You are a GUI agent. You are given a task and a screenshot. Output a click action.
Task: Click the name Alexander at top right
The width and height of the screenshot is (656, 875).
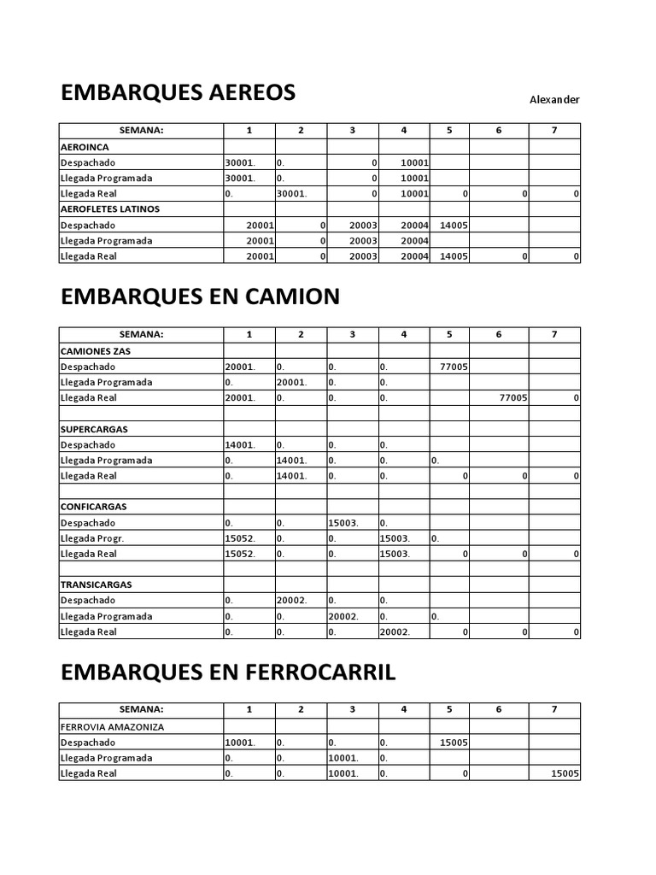554,100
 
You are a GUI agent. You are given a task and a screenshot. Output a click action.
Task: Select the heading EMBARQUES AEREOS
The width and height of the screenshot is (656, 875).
178,92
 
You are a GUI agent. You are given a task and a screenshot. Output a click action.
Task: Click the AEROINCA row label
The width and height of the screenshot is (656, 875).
84,147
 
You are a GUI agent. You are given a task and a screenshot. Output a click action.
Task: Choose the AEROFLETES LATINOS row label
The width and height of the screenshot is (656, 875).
110,208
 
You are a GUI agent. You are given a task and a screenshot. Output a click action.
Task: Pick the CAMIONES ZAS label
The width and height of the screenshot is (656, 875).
96,351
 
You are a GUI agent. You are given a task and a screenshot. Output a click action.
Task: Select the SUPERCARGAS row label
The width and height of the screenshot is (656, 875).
94,429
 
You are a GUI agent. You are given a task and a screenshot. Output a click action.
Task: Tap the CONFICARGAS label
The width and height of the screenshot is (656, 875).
95,507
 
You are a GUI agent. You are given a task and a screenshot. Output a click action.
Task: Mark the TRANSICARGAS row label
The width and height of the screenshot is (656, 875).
96,584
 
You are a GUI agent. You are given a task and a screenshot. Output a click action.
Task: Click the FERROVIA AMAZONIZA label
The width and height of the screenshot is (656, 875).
112,727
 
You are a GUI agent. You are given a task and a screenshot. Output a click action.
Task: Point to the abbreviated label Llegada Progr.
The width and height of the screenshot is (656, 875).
92,538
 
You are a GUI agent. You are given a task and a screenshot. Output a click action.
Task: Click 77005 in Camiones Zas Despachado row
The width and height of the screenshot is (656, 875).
453,367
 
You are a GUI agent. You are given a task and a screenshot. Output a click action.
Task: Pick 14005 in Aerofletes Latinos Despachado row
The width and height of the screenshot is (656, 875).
453,225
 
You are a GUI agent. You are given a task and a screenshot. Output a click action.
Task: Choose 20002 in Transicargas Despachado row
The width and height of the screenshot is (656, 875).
293,601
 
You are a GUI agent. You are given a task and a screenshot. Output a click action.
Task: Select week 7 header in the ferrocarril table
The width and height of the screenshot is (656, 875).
554,709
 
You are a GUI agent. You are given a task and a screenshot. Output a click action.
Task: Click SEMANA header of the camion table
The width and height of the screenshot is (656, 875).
141,334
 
